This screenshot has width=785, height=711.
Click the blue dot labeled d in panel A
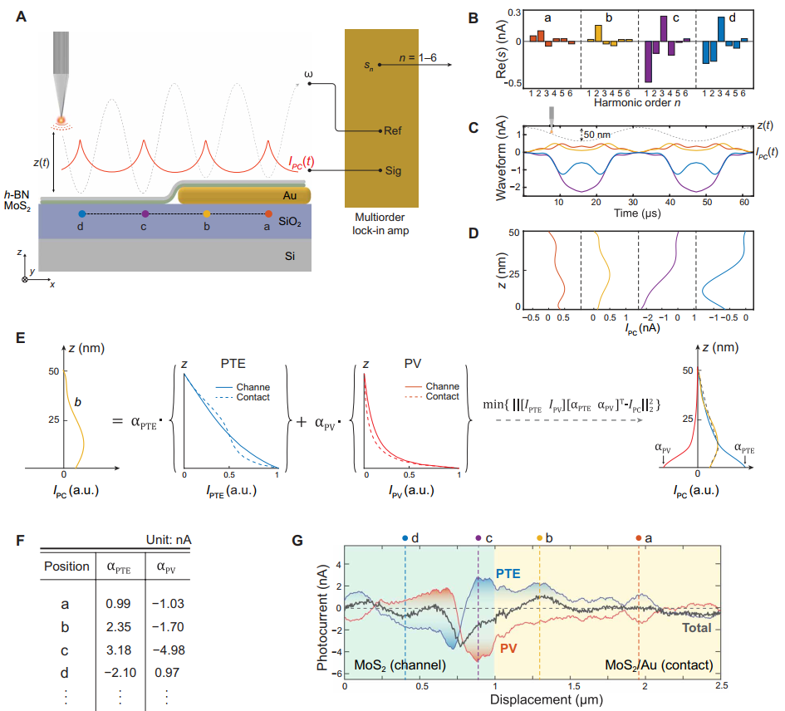click(81, 214)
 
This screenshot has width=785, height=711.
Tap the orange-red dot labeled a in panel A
click(268, 214)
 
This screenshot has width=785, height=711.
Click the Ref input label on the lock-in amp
click(393, 131)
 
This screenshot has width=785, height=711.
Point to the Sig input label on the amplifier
click(393, 171)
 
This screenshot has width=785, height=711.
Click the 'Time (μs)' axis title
click(637, 213)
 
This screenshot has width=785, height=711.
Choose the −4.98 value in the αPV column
click(170, 654)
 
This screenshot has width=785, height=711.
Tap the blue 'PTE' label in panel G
click(508, 573)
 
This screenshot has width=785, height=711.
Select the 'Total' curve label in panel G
click(696, 627)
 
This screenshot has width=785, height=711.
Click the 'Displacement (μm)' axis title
click(533, 699)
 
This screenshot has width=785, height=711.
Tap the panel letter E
click(22, 339)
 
